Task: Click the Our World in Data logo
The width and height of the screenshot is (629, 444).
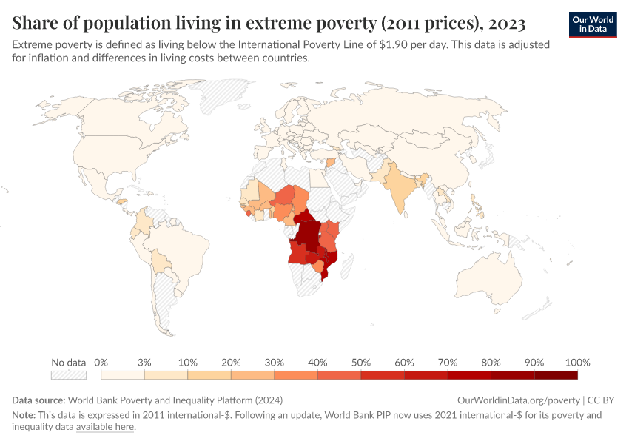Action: click(593, 24)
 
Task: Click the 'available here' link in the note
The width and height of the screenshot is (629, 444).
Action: click(105, 427)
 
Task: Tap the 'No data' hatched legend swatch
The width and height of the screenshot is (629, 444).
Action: click(69, 375)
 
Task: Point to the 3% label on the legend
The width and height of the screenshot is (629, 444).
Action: click(144, 363)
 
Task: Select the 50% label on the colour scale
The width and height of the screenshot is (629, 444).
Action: click(360, 363)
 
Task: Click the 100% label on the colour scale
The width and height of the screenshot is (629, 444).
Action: click(577, 363)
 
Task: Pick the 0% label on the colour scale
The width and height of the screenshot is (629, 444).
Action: click(102, 363)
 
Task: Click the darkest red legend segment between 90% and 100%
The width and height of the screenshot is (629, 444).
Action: click(556, 375)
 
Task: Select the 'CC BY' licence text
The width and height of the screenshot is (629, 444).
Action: click(602, 400)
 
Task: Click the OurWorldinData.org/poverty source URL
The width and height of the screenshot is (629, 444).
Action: click(518, 400)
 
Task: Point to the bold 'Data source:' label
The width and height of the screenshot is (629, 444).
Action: click(38, 400)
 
